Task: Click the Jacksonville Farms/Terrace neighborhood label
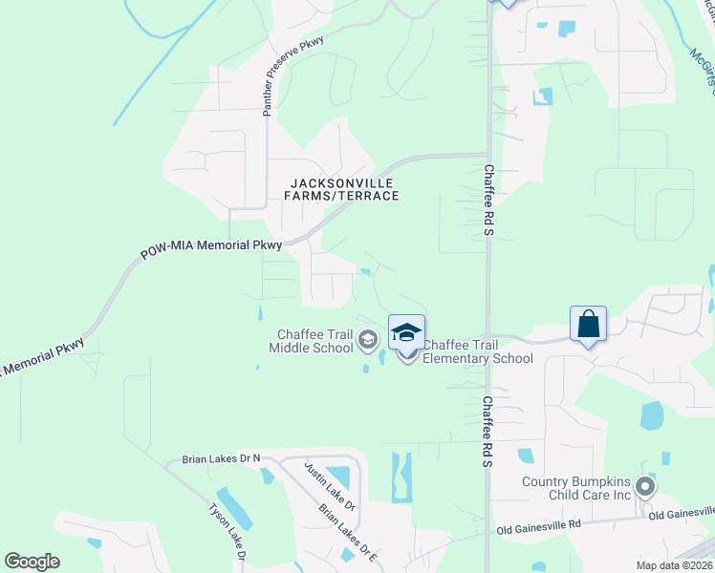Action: point(340,189)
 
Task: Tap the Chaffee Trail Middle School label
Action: point(314,341)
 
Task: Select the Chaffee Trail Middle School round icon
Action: point(367,339)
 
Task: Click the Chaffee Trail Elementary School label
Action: point(477,351)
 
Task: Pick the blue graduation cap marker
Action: point(407,333)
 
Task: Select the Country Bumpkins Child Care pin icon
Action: point(644,488)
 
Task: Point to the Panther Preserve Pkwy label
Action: point(292,77)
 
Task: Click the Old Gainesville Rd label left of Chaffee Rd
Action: point(539,526)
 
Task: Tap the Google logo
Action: point(32,561)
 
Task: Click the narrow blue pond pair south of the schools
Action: point(401,477)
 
